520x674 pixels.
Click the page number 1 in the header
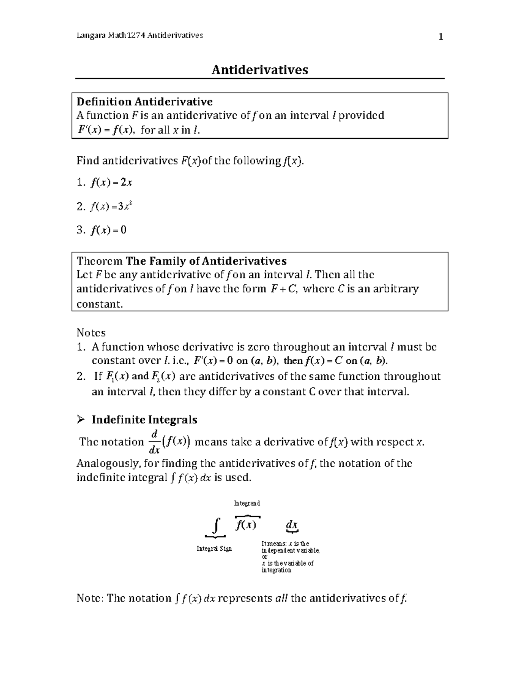coord(440,37)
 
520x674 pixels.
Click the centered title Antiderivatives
coord(260,69)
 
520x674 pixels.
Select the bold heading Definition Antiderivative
coord(144,102)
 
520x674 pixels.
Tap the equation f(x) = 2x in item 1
coord(111,183)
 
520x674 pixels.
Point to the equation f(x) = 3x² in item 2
coord(111,207)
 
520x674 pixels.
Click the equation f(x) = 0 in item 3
coord(108,230)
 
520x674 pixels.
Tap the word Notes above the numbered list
coord(91,332)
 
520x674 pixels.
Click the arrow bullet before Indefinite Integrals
coord(80,420)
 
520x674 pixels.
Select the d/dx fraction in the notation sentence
coord(154,442)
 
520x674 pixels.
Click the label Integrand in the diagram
coord(247,503)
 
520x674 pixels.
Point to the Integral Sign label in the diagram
coord(214,549)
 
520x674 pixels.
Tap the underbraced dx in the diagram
coord(292,526)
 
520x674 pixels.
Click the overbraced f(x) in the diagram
coord(246,525)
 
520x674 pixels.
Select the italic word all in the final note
coord(282,598)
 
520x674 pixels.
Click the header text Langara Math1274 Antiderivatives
coord(140,36)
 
